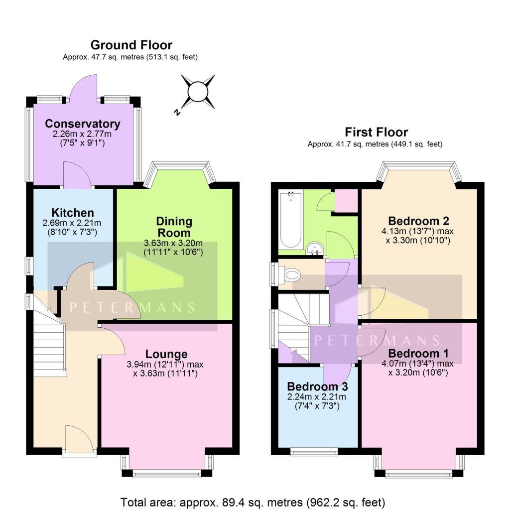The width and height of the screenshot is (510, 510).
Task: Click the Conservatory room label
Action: click(83, 124)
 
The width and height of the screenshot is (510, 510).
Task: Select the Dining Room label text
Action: click(174, 227)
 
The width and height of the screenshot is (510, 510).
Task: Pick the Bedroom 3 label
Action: click(317, 386)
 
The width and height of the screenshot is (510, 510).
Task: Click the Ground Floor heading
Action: click(131, 45)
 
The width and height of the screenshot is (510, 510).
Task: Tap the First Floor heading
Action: click(376, 132)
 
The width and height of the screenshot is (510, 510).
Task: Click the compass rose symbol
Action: click(197, 92)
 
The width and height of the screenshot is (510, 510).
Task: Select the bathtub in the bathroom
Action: click(291, 220)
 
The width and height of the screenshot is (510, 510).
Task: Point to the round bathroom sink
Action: click(313, 248)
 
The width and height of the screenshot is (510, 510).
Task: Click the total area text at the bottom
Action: click(253, 502)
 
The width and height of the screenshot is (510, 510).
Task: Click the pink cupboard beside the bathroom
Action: click(346, 200)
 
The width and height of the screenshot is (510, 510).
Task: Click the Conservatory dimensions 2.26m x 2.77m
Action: click(83, 134)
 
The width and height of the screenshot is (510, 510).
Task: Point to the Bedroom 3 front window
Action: click(314, 452)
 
